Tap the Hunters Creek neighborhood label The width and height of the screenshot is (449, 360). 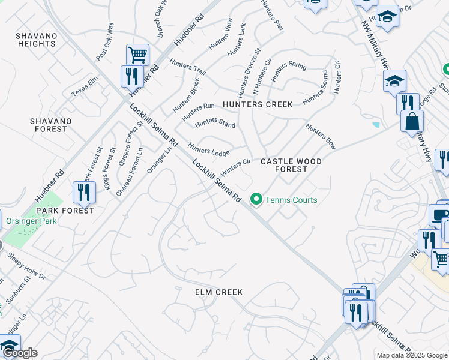[x=258, y=104]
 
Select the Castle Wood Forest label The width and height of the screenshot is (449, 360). [x=291, y=165]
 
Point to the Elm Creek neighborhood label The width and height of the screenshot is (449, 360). [x=218, y=292]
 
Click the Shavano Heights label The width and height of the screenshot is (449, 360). [x=37, y=40]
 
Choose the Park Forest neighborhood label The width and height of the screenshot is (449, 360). [x=64, y=211]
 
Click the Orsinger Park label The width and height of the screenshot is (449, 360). [x=31, y=221]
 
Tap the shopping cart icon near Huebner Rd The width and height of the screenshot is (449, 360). [x=137, y=55]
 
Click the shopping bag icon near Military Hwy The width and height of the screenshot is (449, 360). [x=412, y=121]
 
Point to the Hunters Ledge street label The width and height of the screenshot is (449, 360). [x=209, y=149]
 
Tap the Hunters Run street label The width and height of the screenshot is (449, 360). [x=199, y=110]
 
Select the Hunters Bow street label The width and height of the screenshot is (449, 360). [x=320, y=136]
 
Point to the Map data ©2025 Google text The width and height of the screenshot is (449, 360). [x=412, y=355]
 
